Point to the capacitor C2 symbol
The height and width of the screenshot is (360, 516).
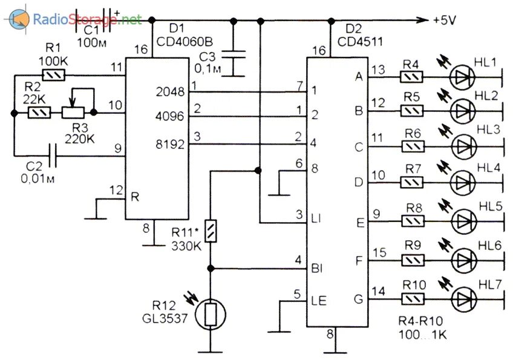point(55,156)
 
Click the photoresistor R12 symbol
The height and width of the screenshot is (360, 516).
point(210,315)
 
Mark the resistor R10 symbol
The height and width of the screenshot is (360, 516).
point(412,298)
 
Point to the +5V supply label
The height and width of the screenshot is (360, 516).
point(445,21)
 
